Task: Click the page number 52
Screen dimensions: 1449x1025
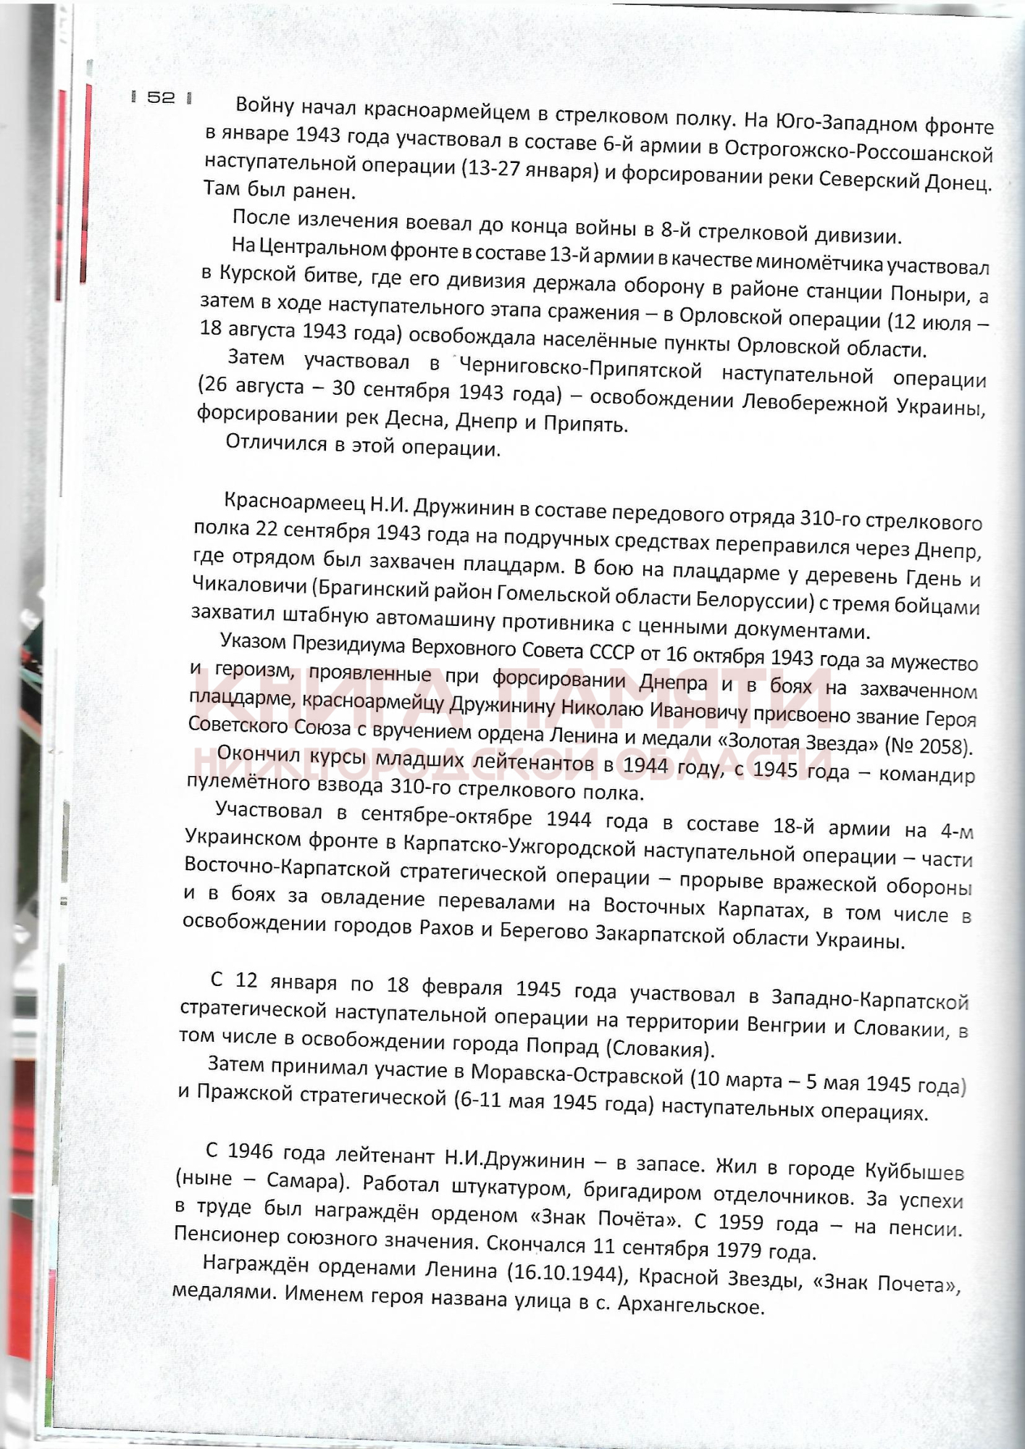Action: [x=162, y=97]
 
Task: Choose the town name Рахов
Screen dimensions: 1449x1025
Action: [x=446, y=929]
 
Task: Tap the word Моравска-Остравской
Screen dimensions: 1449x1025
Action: [x=577, y=1075]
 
